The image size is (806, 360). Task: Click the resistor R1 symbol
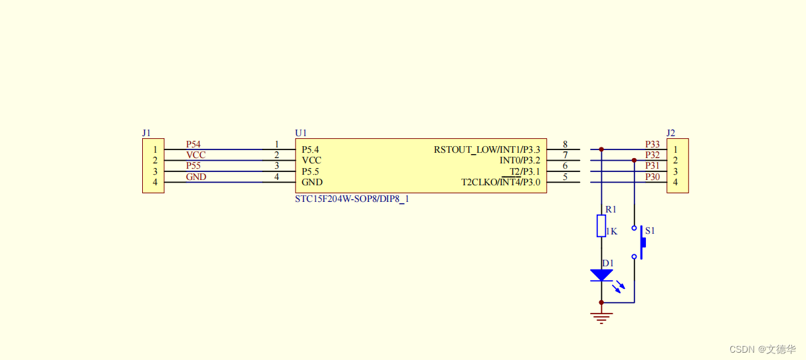(x=601, y=226)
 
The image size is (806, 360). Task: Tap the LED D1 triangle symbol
(x=601, y=275)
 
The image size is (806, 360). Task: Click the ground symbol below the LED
(x=601, y=317)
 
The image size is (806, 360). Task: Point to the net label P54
(x=193, y=144)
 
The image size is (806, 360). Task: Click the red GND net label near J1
(x=196, y=177)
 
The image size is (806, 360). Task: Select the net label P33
(x=652, y=144)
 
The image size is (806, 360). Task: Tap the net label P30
(x=652, y=177)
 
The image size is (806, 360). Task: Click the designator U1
(x=301, y=133)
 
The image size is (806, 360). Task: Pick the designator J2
(x=671, y=133)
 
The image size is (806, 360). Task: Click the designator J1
(x=147, y=133)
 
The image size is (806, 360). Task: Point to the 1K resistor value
(x=612, y=232)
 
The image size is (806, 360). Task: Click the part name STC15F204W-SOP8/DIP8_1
(x=352, y=199)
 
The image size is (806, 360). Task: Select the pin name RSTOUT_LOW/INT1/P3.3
(x=487, y=149)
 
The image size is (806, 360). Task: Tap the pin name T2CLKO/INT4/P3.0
(x=501, y=182)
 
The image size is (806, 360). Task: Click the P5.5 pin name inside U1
(x=310, y=171)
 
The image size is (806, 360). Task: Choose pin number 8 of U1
(x=565, y=144)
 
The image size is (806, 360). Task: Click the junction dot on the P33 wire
(x=601, y=149)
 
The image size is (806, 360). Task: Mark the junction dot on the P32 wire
(x=635, y=161)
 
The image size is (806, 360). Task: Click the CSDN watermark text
(x=762, y=349)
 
